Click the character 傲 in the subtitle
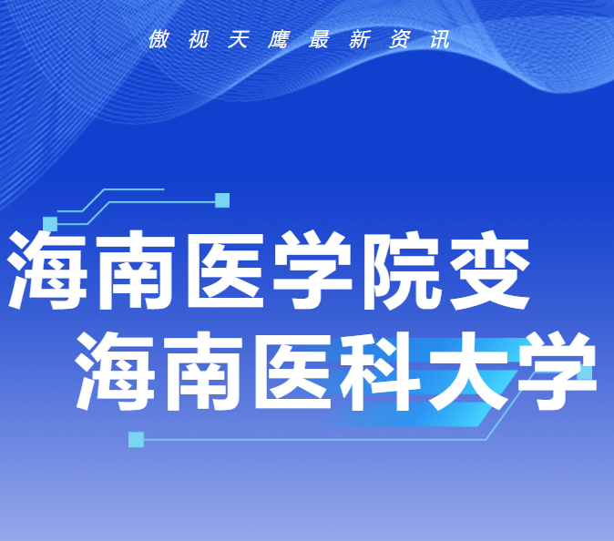click(159, 39)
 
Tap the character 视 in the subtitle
click(199, 39)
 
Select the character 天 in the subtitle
click(239, 39)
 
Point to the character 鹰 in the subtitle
click(279, 39)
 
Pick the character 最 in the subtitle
click(319, 39)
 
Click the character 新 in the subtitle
click(360, 39)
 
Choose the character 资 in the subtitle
click(400, 39)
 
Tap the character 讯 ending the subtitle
click(440, 39)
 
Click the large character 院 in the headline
click(400, 270)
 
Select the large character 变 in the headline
click(490, 270)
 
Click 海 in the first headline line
click(47, 270)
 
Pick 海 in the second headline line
click(115, 371)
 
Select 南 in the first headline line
click(136, 270)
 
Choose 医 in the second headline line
click(293, 371)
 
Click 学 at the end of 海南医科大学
click(558, 371)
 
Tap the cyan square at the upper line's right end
click(222, 200)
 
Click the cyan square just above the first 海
click(50, 224)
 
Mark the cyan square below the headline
click(137, 440)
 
